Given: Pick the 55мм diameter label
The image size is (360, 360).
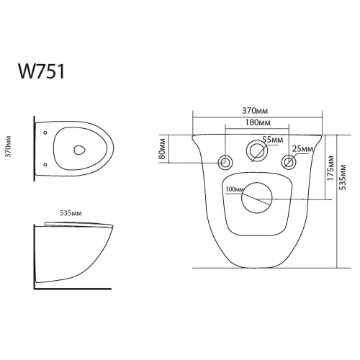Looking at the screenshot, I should [271, 139].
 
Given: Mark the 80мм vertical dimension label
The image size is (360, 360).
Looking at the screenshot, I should [164, 150].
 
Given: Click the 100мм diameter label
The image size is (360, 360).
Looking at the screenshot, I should [235, 190].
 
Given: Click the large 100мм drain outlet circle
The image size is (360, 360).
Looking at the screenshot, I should [256, 197].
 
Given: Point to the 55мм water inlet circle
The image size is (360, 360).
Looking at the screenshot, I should [256, 151].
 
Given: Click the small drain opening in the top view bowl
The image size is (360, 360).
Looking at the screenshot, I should [80, 150].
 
